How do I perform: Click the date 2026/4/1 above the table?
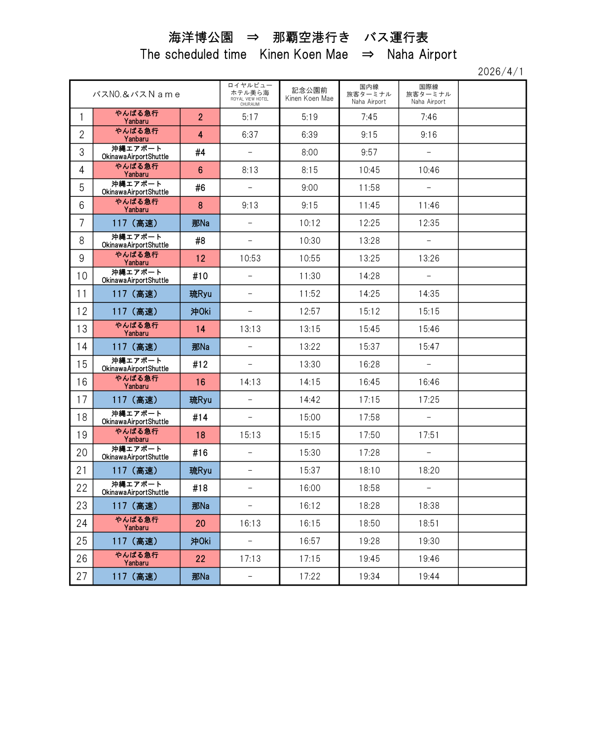pyautogui.click(x=500, y=72)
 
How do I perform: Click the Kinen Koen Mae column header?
pyautogui.click(x=309, y=94)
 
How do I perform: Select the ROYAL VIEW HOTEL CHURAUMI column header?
pyautogui.click(x=250, y=94)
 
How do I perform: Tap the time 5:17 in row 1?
pyautogui.click(x=250, y=117)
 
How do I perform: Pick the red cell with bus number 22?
pyautogui.click(x=200, y=559)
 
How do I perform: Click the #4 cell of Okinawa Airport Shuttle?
pyautogui.click(x=200, y=152)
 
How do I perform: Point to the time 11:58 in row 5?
pyautogui.click(x=369, y=188)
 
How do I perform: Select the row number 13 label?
pyautogui.click(x=81, y=329)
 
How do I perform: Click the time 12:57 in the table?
pyautogui.click(x=309, y=311)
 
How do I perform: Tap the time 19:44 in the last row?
pyautogui.click(x=429, y=576)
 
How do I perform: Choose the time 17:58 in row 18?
pyautogui.click(x=369, y=417)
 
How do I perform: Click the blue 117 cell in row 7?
pyautogui.click(x=136, y=223)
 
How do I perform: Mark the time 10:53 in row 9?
pyautogui.click(x=250, y=259)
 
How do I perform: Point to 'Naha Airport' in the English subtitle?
pyautogui.click(x=422, y=54)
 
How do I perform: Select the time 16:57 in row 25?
pyautogui.click(x=309, y=541)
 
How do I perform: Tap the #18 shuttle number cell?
pyautogui.click(x=200, y=488)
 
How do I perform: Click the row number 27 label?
pyautogui.click(x=81, y=576)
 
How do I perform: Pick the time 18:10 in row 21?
pyautogui.click(x=369, y=471)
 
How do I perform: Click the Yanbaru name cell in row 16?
pyautogui.click(x=136, y=382)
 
